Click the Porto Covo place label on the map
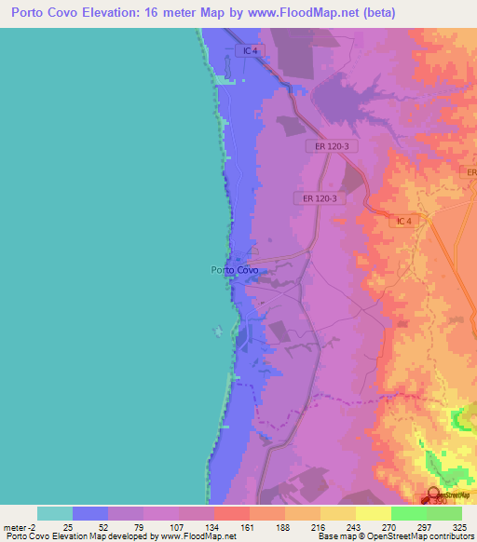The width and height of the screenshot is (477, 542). coord(235,270)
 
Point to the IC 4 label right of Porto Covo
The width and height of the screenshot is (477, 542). coord(402,221)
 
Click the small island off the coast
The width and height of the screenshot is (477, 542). coord(219,330)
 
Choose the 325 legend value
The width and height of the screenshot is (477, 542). coord(459,527)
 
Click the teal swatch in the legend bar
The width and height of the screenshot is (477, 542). coord(55,513)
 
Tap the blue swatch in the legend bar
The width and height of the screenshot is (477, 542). coord(90,513)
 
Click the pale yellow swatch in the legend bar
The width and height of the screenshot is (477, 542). coord(374,513)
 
